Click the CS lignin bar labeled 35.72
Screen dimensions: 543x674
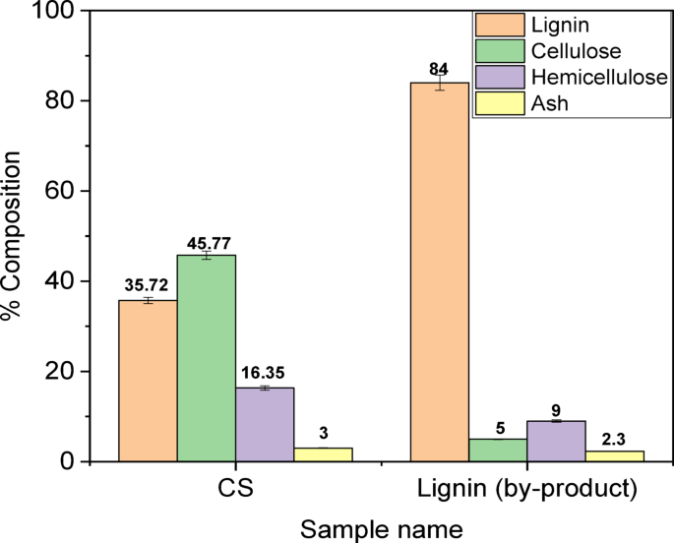(x=148, y=381)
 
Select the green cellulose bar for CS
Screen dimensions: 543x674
(x=207, y=358)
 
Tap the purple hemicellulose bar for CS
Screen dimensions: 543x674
(x=265, y=424)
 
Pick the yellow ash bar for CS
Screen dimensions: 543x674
(x=323, y=454)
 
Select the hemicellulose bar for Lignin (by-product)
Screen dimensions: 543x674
(x=555, y=442)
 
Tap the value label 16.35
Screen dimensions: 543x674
(x=265, y=374)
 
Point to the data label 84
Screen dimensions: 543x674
(x=439, y=68)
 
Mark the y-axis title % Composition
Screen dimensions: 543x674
(x=14, y=236)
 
